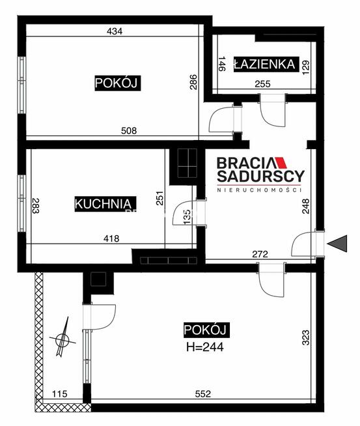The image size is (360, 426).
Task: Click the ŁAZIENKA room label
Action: click(266, 64)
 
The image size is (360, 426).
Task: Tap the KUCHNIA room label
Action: click(105, 203)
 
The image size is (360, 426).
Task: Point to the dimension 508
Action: click(128, 130)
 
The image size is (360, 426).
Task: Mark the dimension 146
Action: click(221, 64)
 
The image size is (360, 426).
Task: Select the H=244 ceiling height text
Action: click(205, 347)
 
